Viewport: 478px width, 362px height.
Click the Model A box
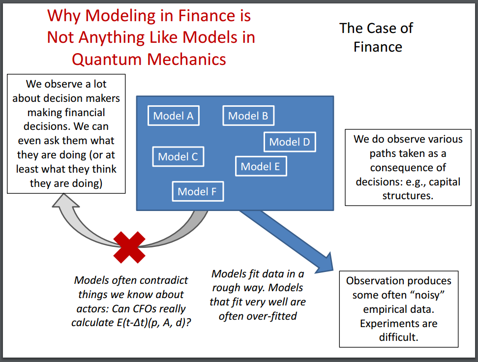point(173,116)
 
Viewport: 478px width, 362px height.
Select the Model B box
point(248,116)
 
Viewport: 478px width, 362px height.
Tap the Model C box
point(178,157)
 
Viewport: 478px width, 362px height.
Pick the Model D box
point(290,142)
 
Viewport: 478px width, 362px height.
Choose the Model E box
point(261,167)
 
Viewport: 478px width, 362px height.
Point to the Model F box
point(198,191)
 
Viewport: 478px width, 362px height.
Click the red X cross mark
point(129,247)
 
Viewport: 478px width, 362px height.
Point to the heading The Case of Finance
point(377,37)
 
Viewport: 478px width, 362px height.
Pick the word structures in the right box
point(408,195)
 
